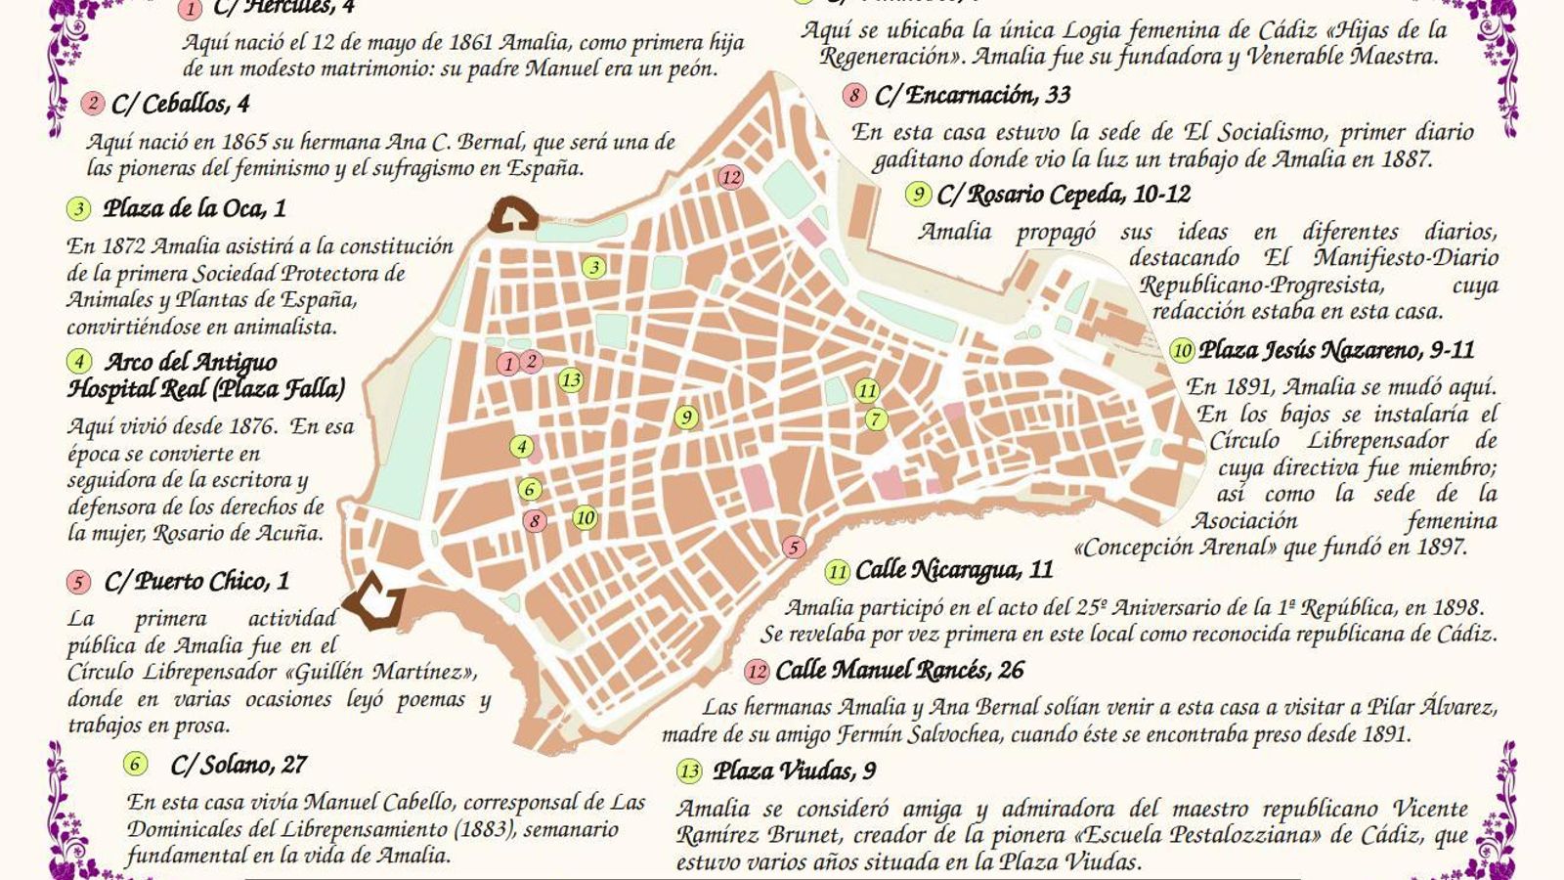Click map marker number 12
click(x=730, y=177)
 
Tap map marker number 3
click(x=593, y=267)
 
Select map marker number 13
click(x=571, y=380)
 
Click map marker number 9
click(x=686, y=418)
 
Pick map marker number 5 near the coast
click(x=794, y=548)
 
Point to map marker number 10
click(x=585, y=517)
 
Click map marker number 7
click(x=875, y=419)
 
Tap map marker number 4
click(x=522, y=447)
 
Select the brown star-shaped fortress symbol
click(x=376, y=602)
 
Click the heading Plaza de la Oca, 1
click(x=195, y=208)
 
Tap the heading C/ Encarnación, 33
click(x=973, y=95)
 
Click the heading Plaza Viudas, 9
click(x=794, y=770)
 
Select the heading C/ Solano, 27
click(x=239, y=765)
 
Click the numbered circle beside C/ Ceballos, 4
click(x=93, y=103)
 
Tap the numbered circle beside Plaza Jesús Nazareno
click(x=1182, y=350)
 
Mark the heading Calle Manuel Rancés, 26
click(x=899, y=671)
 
